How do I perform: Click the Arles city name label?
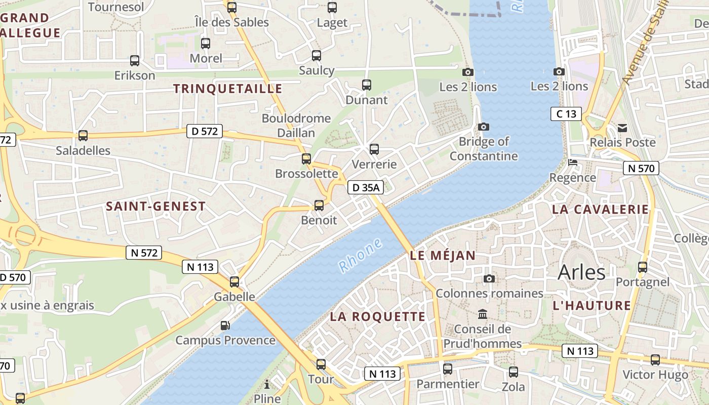(x=581, y=272)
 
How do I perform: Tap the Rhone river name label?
(x=360, y=256)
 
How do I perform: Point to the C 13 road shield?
(x=566, y=114)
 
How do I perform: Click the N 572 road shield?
(x=144, y=253)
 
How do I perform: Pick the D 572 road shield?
(x=205, y=132)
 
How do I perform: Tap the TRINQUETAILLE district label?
(x=227, y=89)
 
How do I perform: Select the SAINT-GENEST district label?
(x=156, y=207)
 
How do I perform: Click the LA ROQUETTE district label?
(x=378, y=317)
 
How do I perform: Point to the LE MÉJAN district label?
(x=443, y=256)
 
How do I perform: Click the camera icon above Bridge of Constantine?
(x=484, y=127)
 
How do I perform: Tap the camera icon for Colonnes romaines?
(x=489, y=278)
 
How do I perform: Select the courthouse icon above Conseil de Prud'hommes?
(x=483, y=314)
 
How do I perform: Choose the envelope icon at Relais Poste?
(x=622, y=128)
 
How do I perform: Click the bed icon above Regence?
(x=573, y=163)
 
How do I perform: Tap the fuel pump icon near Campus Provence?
(x=225, y=325)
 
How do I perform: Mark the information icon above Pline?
(x=267, y=384)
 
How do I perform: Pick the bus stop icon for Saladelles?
(x=83, y=136)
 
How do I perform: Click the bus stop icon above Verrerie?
(x=374, y=149)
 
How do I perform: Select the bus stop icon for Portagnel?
(x=643, y=267)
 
